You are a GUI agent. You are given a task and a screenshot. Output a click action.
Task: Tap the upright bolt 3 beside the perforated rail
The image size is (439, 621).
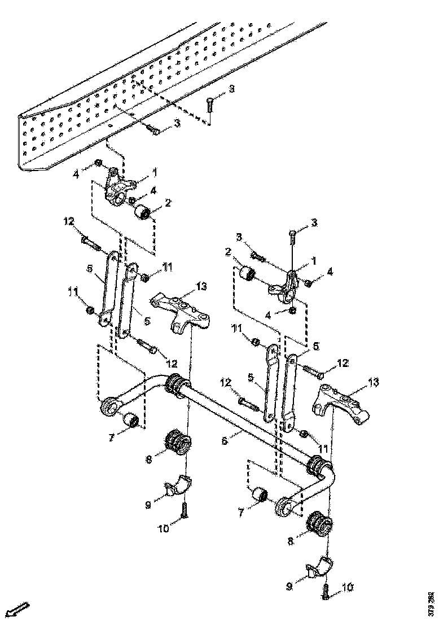(209, 104)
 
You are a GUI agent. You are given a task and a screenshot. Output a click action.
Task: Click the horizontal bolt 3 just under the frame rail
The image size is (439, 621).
(153, 130)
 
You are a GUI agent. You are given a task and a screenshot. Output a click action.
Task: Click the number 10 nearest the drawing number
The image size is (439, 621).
(347, 588)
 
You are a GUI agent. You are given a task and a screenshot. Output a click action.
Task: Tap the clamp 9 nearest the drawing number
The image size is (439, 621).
(319, 567)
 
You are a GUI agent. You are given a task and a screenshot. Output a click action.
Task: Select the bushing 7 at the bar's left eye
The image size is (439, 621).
(132, 421)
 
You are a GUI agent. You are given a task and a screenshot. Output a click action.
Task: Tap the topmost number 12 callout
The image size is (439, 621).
(69, 222)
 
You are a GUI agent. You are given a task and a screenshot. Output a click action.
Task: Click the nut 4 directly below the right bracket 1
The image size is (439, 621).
(292, 310)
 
